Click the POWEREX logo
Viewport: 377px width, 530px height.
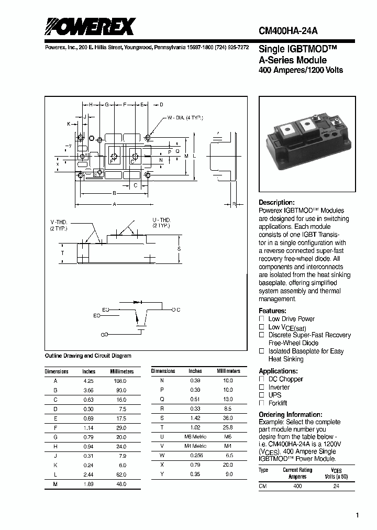90,27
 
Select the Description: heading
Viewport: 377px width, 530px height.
277,202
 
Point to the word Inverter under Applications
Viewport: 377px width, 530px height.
279,387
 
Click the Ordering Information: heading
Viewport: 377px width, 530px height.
290,414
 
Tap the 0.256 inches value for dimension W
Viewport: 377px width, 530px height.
195,455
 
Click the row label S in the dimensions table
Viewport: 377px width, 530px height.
162,418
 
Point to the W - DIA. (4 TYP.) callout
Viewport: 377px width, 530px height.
186,118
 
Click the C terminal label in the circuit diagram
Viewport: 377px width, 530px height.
179,310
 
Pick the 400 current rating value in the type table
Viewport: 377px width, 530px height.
297,487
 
